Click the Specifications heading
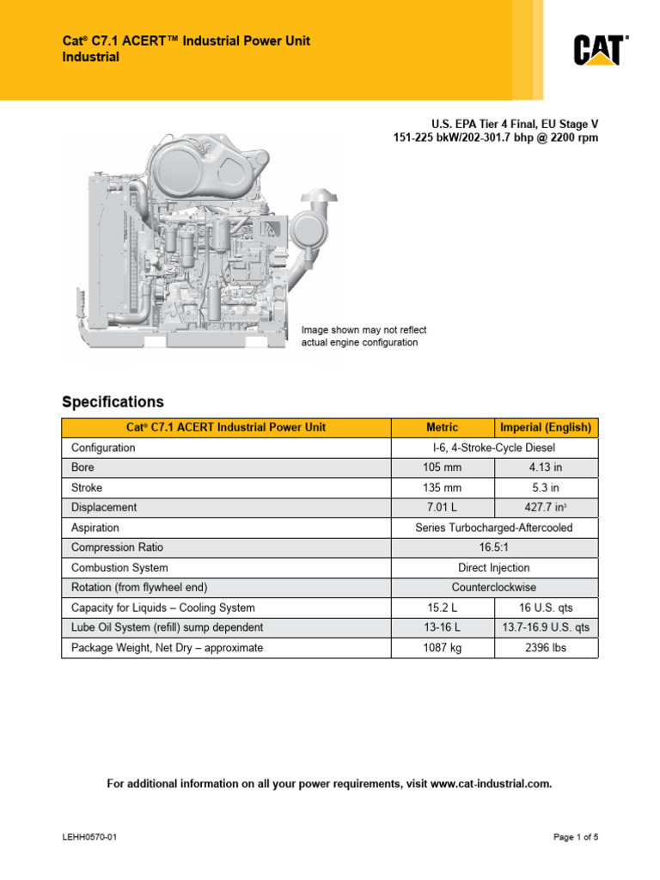[x=113, y=401]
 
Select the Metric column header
[x=443, y=427]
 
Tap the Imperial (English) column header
[x=546, y=427]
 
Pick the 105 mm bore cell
[x=443, y=467]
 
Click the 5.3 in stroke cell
[x=546, y=487]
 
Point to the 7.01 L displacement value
[x=443, y=507]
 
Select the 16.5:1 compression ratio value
[x=494, y=547]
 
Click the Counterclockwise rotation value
[x=494, y=587]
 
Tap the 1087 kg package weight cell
[x=443, y=647]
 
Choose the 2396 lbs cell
[x=546, y=647]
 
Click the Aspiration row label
[x=95, y=528]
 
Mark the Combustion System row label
[x=119, y=567]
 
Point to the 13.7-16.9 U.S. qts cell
[x=546, y=627]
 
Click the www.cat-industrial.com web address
[x=490, y=784]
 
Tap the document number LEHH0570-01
[x=89, y=837]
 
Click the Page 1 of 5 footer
[x=576, y=837]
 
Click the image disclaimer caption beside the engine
[x=363, y=336]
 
